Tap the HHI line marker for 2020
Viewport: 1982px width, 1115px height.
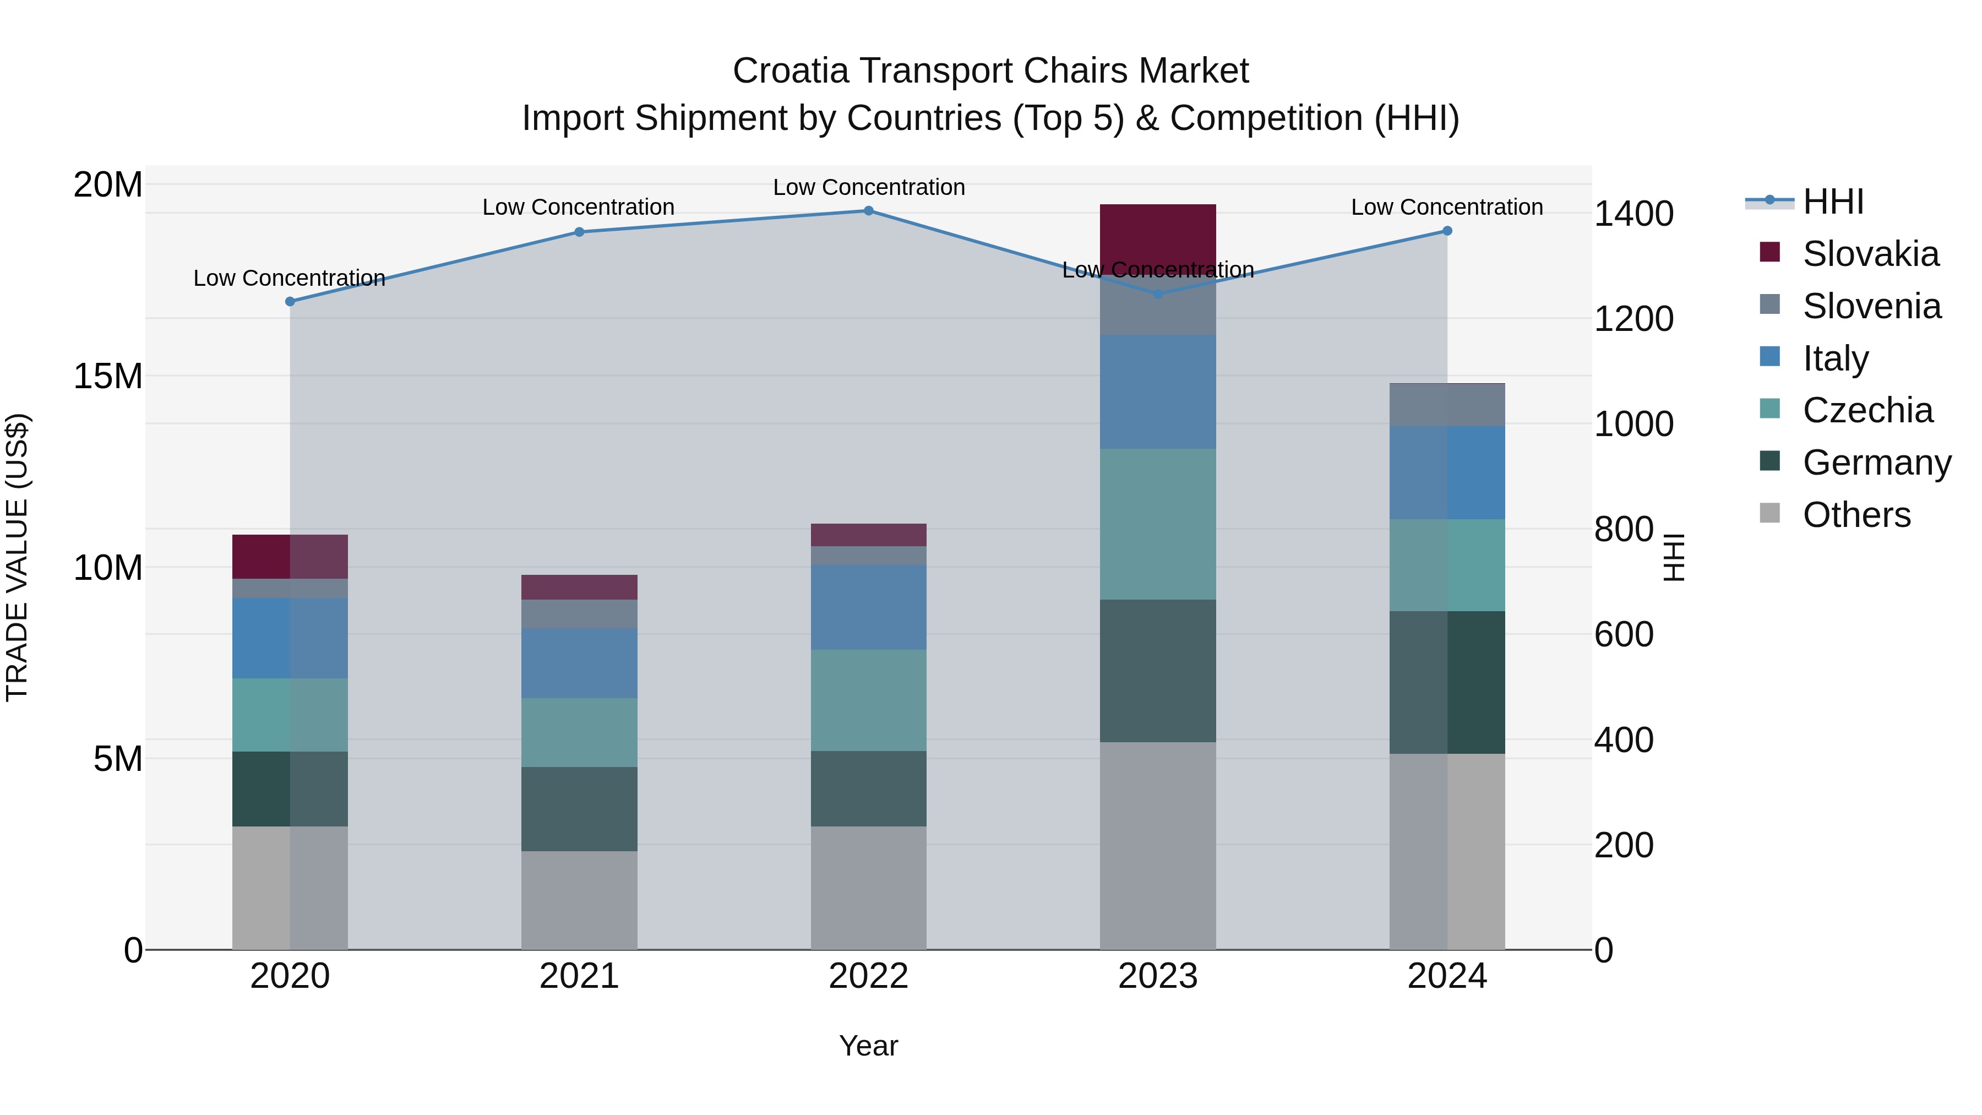pos(290,302)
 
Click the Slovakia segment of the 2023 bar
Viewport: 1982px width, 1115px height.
pos(1157,231)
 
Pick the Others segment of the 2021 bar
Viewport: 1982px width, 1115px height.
pos(579,900)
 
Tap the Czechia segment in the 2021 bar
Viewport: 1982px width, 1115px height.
pos(579,732)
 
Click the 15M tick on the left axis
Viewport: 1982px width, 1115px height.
pos(108,376)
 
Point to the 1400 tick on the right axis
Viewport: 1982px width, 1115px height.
pos(1633,214)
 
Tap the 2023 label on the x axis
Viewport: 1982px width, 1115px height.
pos(1157,976)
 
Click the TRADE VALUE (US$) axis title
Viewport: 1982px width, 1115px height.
pos(18,557)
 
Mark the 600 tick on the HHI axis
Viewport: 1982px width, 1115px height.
pos(1624,635)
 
